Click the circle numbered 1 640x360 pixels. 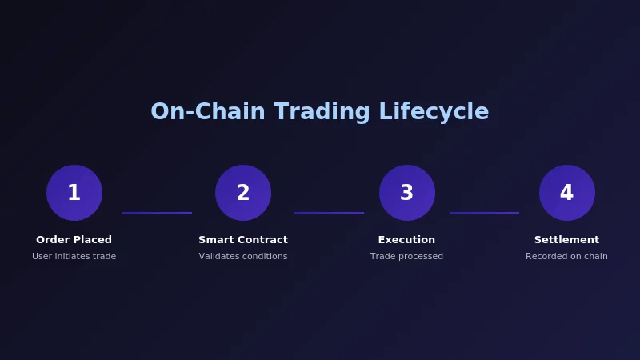tap(74, 193)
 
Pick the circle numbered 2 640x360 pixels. tap(243, 193)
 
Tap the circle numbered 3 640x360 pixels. tap(406, 193)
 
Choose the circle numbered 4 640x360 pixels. tap(566, 193)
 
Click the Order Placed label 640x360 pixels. tap(74, 240)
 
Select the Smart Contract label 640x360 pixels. tap(243, 240)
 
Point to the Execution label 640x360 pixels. tap(406, 240)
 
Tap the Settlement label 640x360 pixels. tap(566, 240)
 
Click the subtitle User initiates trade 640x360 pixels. tap(74, 257)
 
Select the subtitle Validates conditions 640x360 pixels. tap(243, 257)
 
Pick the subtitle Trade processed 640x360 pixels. tap(406, 257)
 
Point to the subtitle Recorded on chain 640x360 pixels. tap(566, 257)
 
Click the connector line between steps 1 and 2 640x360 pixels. tap(157, 213)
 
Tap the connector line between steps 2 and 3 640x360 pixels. tap(329, 213)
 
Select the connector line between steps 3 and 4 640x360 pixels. tap(484, 213)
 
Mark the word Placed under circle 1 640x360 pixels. tap(94, 240)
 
